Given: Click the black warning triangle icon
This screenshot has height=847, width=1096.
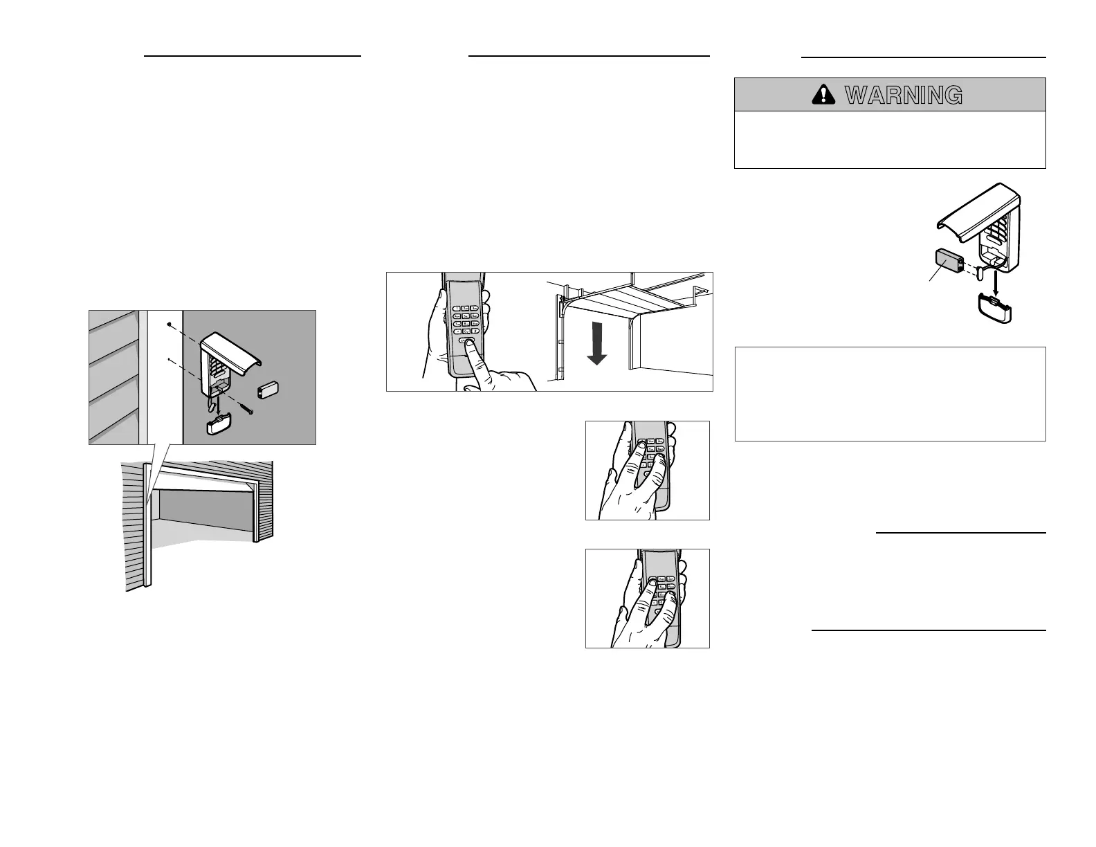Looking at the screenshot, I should coord(823,95).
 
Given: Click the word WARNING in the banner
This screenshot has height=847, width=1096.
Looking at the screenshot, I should coord(904,95).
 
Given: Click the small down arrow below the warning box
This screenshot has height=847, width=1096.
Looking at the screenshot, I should coord(996,281).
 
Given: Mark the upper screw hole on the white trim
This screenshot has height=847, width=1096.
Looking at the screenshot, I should coord(169,323).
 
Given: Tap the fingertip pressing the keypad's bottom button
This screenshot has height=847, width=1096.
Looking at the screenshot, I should coord(471,344).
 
